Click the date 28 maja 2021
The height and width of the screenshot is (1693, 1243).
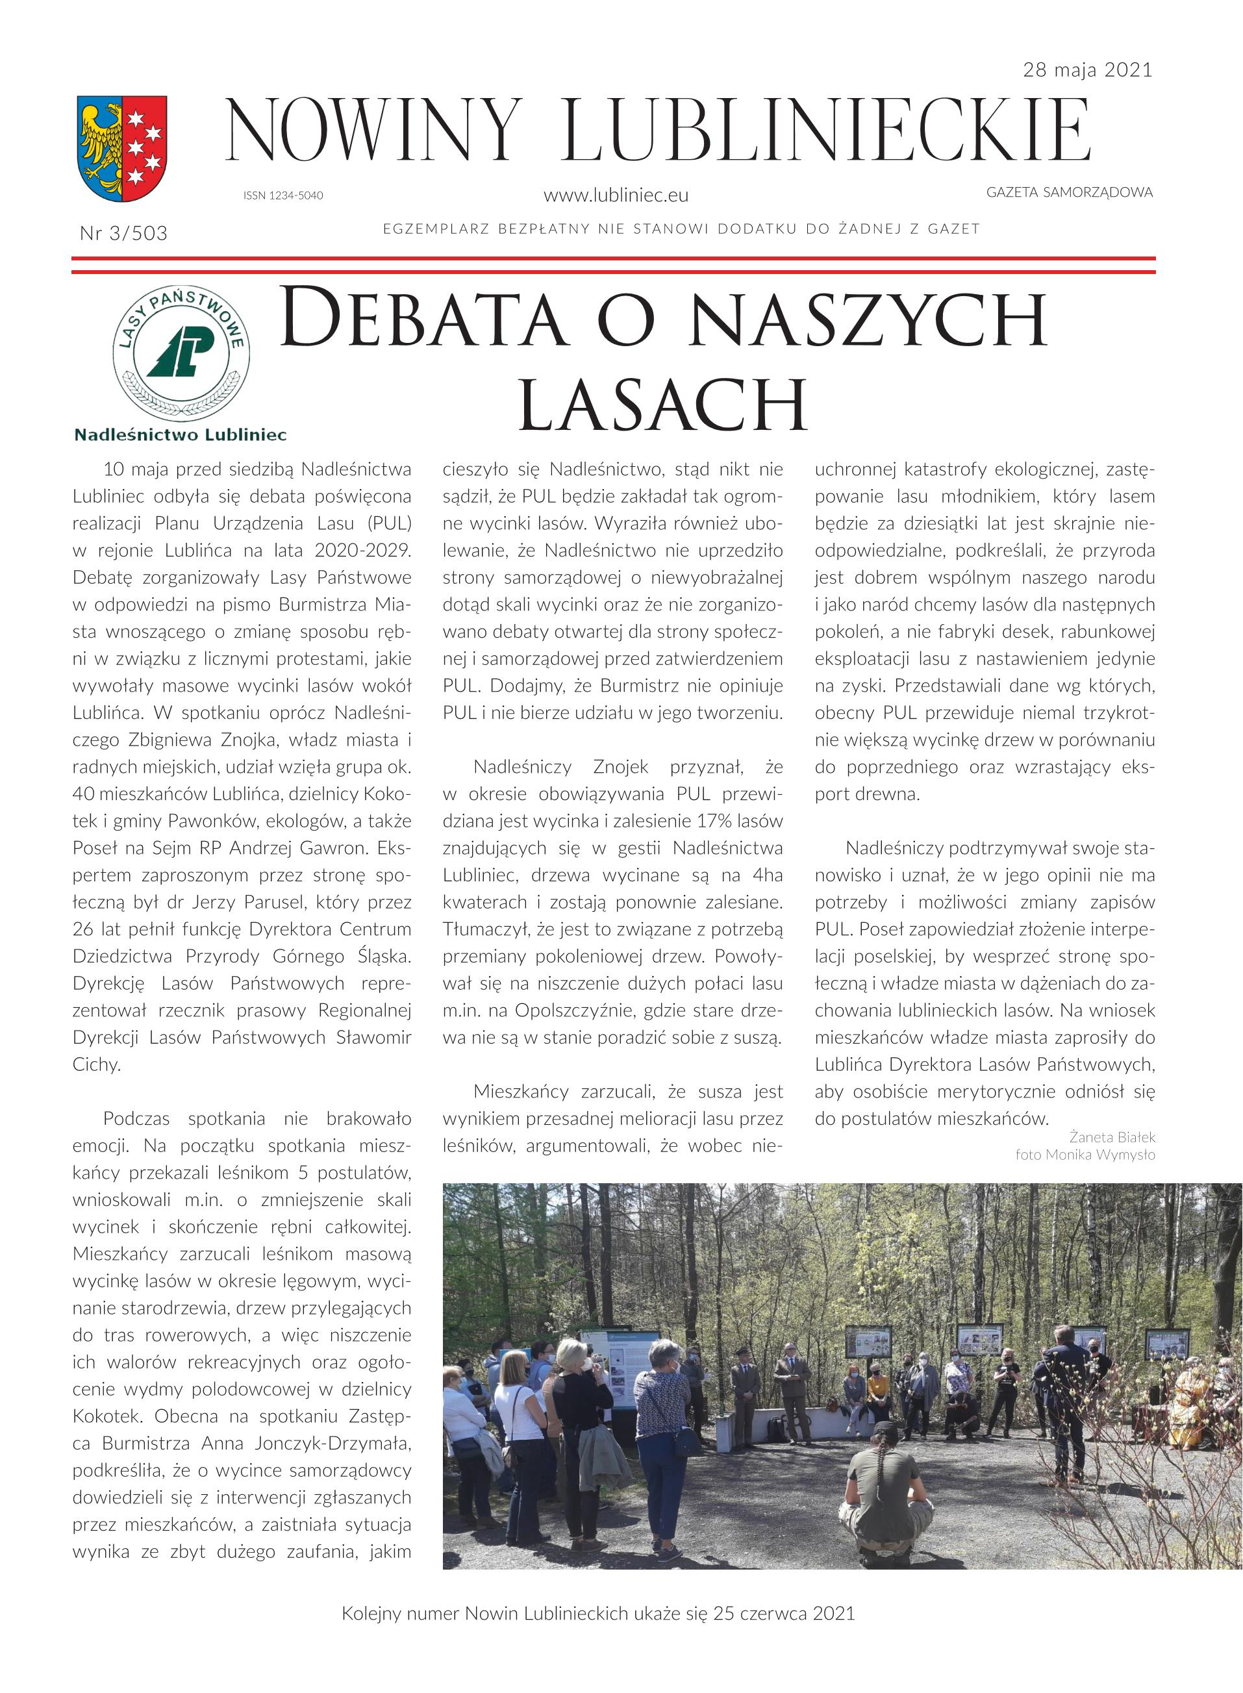1087,71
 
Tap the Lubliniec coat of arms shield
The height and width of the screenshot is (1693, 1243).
122,148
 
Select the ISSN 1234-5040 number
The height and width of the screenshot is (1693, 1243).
283,195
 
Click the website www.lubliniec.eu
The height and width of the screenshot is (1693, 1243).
616,195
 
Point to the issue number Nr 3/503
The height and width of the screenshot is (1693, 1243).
123,233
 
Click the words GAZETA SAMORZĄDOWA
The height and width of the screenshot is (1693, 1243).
1069,193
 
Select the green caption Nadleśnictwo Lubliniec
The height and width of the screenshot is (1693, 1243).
181,434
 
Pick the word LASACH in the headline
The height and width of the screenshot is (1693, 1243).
663,405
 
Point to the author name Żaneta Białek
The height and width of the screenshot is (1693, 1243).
1112,1137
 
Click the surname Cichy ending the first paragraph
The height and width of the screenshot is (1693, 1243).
96,1065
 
